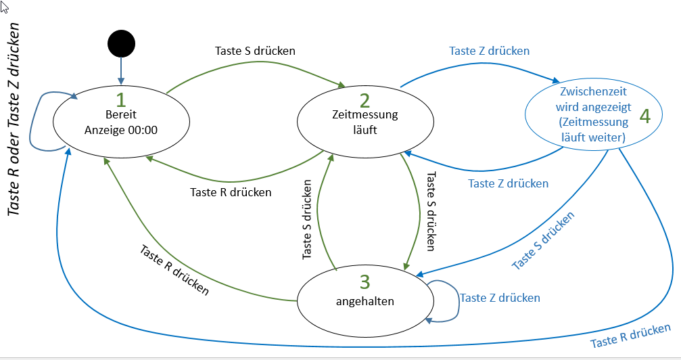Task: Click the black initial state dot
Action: point(122,44)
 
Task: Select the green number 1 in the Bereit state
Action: point(121,100)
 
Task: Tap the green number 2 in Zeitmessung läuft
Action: point(365,101)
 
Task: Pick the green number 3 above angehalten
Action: point(365,280)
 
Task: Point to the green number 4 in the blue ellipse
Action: point(644,116)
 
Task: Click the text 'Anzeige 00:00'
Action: point(122,130)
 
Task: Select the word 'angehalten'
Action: point(365,300)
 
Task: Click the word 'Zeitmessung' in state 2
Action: point(365,115)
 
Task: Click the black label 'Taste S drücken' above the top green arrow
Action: point(255,50)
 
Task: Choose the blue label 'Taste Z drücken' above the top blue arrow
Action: point(489,50)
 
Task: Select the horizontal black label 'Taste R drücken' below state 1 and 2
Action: point(231,192)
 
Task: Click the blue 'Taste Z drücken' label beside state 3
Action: point(500,298)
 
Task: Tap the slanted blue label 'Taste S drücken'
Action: point(543,240)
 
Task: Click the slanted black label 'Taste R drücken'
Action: point(174,269)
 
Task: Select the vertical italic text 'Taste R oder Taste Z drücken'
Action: point(17,118)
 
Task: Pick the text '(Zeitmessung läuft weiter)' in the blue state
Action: point(594,130)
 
